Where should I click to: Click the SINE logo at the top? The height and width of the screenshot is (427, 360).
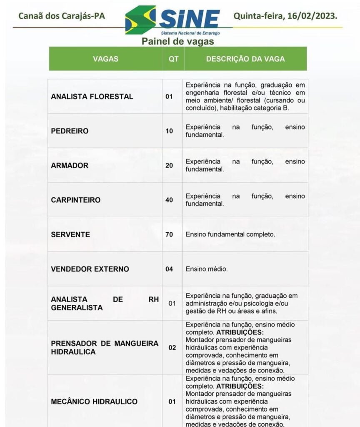(x=173, y=20)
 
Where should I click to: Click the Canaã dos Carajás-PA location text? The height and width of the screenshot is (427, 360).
(x=62, y=16)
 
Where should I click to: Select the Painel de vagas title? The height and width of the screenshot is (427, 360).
(x=177, y=41)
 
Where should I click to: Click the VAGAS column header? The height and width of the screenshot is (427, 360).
(x=105, y=59)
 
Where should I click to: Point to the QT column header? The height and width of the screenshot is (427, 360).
(x=173, y=59)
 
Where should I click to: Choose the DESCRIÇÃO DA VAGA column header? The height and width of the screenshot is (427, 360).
(x=245, y=59)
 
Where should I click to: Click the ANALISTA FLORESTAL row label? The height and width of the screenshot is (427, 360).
(x=92, y=96)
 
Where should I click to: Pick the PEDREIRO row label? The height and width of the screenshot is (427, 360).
(x=70, y=131)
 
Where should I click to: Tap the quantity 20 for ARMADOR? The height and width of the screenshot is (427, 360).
(x=169, y=166)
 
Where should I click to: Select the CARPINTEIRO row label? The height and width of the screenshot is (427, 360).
(x=76, y=200)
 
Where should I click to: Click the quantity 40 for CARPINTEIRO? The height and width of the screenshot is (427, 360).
(x=169, y=200)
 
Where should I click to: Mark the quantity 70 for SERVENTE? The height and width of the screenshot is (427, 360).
(x=169, y=234)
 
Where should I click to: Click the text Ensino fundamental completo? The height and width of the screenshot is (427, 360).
(x=230, y=234)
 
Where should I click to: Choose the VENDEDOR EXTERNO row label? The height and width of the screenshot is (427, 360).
(x=90, y=269)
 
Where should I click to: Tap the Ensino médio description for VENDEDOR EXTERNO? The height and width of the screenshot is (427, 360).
(x=207, y=269)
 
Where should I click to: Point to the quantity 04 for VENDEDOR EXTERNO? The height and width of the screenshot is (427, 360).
(x=169, y=269)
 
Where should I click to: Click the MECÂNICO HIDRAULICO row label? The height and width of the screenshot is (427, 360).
(x=94, y=402)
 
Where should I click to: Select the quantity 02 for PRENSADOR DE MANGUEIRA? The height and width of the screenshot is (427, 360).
(x=172, y=347)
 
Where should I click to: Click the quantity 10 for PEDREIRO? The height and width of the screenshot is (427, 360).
(x=169, y=131)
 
